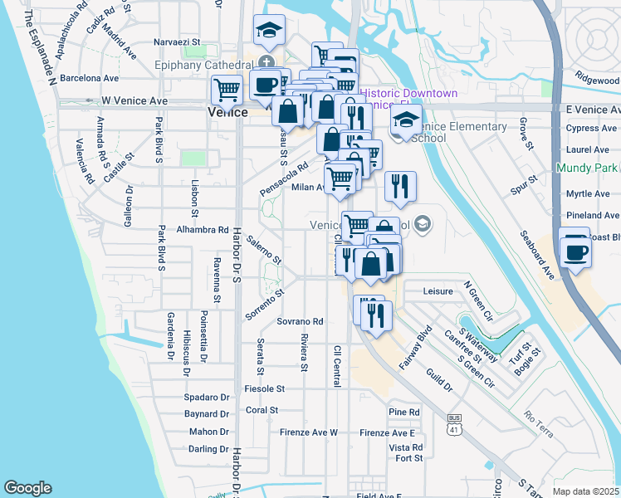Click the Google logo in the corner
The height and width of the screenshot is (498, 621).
tap(27, 488)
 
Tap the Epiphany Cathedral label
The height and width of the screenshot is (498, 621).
tap(203, 65)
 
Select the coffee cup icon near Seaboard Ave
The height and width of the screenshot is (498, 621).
tap(575, 251)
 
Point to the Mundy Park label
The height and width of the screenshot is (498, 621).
tap(585, 168)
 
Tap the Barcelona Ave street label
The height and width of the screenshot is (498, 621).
tap(87, 79)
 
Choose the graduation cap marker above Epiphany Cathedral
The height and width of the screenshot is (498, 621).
tap(269, 31)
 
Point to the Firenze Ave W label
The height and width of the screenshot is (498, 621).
tap(308, 432)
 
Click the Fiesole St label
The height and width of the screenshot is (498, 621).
tap(265, 388)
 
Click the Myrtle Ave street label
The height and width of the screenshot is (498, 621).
tap(588, 194)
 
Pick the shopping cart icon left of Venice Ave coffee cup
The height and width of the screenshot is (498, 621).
tap(227, 89)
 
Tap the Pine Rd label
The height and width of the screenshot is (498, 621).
tap(403, 413)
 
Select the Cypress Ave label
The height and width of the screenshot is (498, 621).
tap(591, 129)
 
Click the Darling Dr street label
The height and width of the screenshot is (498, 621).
tap(208, 449)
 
